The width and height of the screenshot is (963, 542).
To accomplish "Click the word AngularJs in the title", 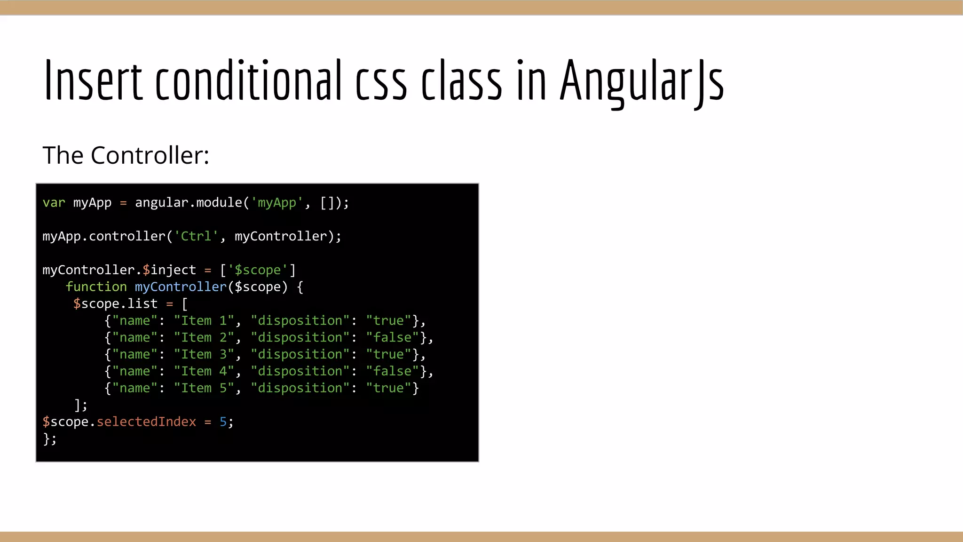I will pos(642,81).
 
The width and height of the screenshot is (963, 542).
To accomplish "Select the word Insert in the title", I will pos(93,81).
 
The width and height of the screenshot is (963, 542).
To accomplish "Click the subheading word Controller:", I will pos(150,155).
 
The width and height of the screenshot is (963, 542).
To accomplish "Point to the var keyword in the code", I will pos(54,203).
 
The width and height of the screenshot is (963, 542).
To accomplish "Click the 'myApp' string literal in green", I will pos(276,203).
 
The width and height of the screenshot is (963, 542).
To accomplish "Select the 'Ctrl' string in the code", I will pos(196,236).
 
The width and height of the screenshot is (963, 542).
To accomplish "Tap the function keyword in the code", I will pos(96,287).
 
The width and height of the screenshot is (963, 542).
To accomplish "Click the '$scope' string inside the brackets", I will pos(257,270).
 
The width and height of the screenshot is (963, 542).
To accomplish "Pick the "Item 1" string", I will pos(204,321).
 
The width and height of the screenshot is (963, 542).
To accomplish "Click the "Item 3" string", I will pos(204,354).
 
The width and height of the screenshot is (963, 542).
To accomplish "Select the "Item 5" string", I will pos(204,388).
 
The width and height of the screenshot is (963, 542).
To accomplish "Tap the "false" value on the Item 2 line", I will pos(392,337).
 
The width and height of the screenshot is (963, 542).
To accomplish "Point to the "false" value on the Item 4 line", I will pos(392,371).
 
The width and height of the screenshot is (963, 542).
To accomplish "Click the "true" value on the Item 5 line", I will pos(388,388).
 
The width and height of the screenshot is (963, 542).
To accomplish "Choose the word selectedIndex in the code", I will pos(146,422).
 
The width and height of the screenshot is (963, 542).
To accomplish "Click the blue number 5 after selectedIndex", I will pos(223,422).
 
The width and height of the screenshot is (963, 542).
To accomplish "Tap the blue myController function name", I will pos(181,287).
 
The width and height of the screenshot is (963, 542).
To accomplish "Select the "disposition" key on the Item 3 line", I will pos(300,354).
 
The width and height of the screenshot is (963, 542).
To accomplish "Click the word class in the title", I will pos(461,81).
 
